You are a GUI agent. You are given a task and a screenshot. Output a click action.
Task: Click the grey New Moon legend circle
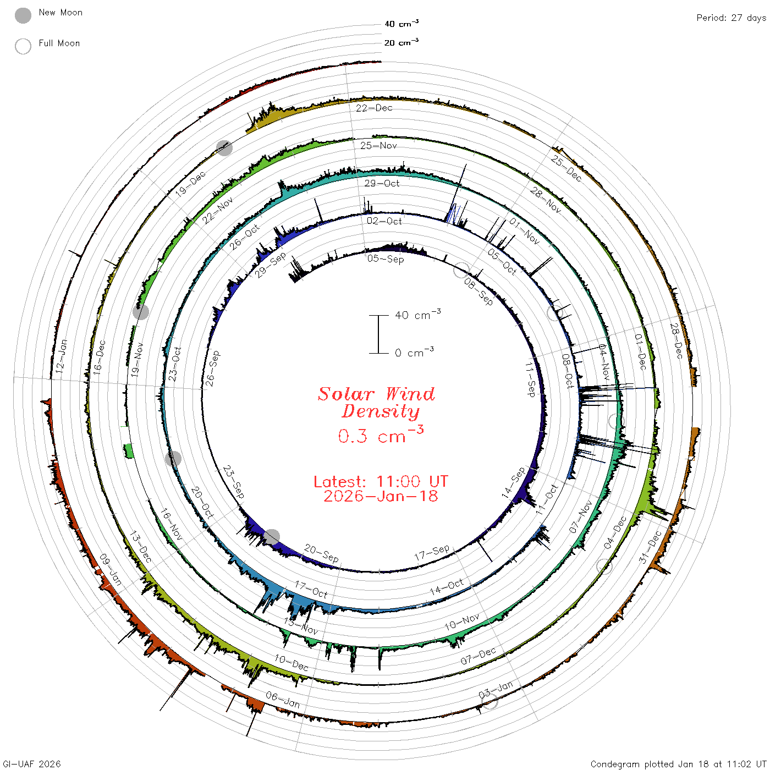click(23, 15)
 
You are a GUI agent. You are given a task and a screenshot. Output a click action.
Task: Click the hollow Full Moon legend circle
click(23, 46)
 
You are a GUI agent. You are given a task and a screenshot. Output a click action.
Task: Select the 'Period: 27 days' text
click(732, 18)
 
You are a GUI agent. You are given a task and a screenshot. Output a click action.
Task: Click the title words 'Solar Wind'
click(376, 394)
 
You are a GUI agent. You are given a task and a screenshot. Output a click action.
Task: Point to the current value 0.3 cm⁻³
click(381, 435)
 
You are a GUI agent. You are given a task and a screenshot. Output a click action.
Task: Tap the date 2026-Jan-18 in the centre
click(381, 496)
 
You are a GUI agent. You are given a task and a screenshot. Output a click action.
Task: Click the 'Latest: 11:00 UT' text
click(381, 481)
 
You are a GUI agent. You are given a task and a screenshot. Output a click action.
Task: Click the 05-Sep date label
click(386, 259)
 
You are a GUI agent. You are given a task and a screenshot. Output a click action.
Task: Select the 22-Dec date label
click(374, 108)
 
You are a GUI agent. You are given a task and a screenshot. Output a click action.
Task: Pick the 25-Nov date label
click(378, 145)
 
